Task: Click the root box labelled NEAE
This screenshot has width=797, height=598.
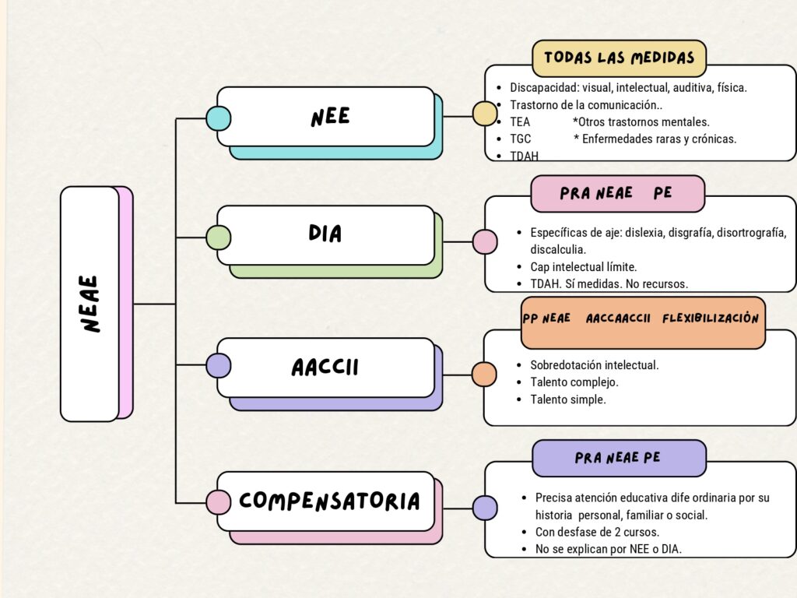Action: [x=90, y=304]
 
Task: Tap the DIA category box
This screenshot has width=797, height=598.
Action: [x=325, y=234]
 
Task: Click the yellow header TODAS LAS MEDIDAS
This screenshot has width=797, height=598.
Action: [x=619, y=58]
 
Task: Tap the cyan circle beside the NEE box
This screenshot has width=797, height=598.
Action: [x=218, y=118]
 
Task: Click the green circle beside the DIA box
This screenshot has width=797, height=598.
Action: [x=218, y=237]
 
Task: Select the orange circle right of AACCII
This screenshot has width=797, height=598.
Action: [x=484, y=375]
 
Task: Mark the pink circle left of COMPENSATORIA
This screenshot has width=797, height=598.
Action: [x=218, y=502]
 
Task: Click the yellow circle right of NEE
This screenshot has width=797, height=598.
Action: [x=485, y=114]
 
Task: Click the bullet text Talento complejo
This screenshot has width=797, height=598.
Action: [x=574, y=382]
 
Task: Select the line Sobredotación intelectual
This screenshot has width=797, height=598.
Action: [x=594, y=364]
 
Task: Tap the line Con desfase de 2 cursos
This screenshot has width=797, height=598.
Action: [x=597, y=533]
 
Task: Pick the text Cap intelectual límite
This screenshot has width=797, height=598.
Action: [x=583, y=267]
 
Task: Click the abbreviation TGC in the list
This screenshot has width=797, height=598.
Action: [x=520, y=139]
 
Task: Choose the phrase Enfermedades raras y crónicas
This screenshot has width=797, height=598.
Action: [x=660, y=139]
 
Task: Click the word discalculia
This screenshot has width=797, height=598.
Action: [x=558, y=250]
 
